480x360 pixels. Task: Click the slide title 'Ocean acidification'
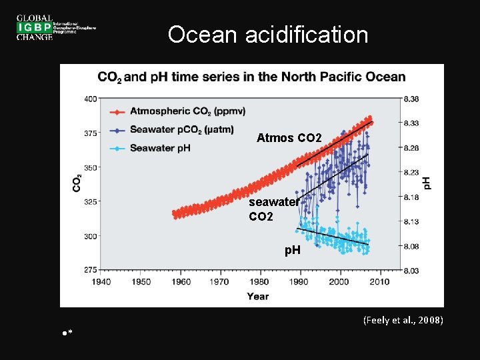pyautogui.click(x=267, y=35)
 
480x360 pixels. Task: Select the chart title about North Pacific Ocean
pyautogui.click(x=251, y=77)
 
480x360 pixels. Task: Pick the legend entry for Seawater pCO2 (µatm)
pyautogui.click(x=177, y=129)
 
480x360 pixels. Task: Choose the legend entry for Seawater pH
pyautogui.click(x=159, y=147)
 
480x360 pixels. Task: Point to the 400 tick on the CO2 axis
pyautogui.click(x=89, y=99)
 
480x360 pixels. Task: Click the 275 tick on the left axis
pyautogui.click(x=89, y=270)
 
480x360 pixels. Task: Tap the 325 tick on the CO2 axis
pyautogui.click(x=89, y=201)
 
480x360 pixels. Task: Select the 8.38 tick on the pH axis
pyautogui.click(x=411, y=99)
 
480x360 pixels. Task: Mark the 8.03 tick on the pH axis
pyautogui.click(x=411, y=270)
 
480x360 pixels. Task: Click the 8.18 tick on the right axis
pyautogui.click(x=411, y=197)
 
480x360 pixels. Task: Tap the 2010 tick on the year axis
pyautogui.click(x=379, y=282)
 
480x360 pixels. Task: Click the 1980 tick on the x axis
pyautogui.click(x=259, y=282)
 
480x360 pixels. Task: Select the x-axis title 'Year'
pyautogui.click(x=258, y=296)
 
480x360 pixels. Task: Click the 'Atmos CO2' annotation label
pyautogui.click(x=289, y=139)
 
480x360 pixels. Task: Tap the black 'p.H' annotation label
pyautogui.click(x=293, y=250)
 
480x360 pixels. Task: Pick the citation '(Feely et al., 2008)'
pyautogui.click(x=403, y=321)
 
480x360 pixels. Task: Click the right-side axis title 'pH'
pyautogui.click(x=427, y=182)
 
